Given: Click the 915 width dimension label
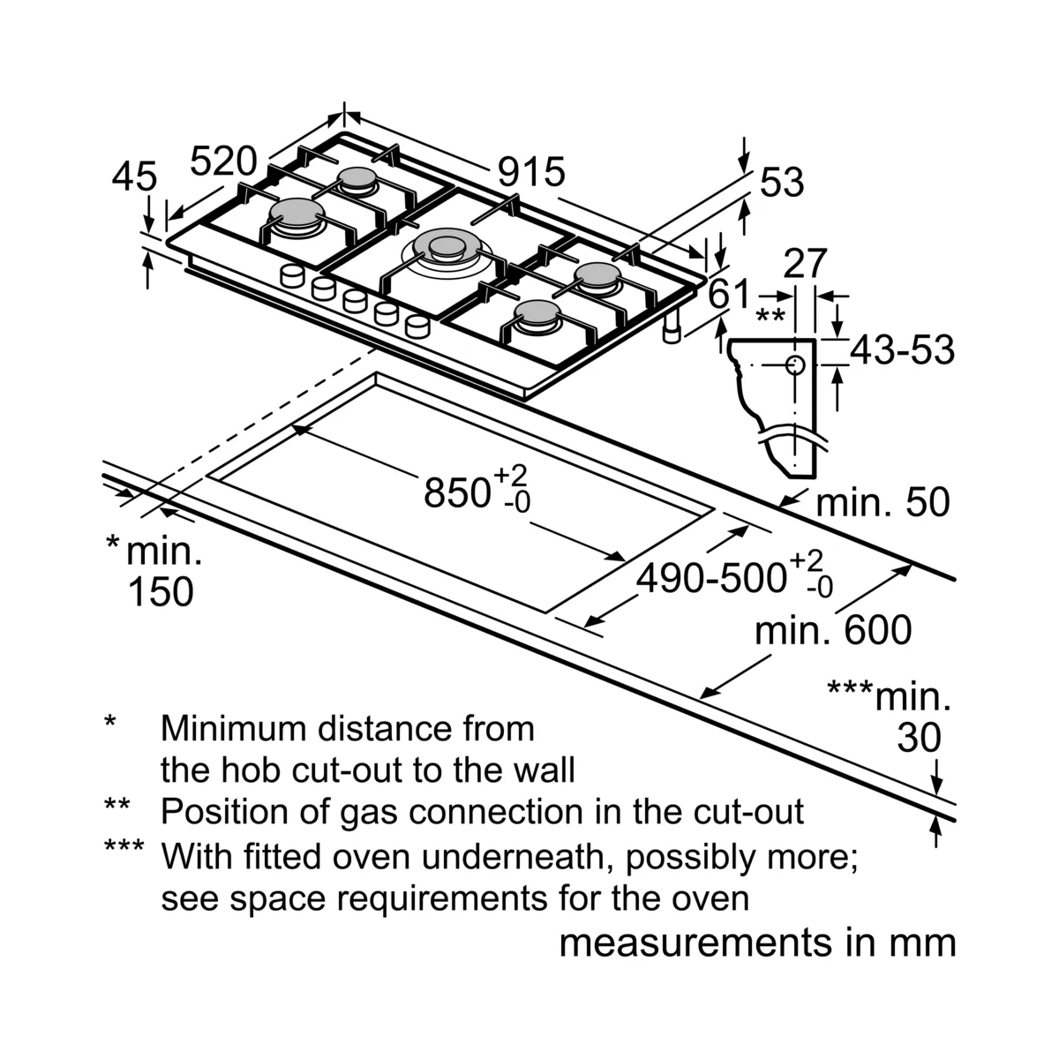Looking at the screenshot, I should [x=530, y=171].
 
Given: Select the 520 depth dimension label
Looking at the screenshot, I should [x=223, y=162].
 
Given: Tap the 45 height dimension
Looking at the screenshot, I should [x=134, y=177].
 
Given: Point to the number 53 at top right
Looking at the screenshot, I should [x=782, y=183].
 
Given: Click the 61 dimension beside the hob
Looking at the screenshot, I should [x=730, y=294].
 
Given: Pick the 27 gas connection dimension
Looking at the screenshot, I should [x=805, y=264].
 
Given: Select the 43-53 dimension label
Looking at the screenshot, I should [x=902, y=350].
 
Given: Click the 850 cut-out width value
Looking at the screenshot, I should [x=456, y=492].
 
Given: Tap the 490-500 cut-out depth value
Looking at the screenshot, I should [x=711, y=578].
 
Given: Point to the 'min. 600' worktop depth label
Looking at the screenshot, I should [x=832, y=631].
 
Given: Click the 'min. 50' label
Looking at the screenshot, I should [x=882, y=503].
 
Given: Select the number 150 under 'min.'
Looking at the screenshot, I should [x=161, y=591].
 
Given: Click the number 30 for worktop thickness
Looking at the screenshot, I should [x=919, y=738].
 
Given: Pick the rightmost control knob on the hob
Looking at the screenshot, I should [x=417, y=327].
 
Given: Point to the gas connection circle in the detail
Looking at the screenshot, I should [x=794, y=365].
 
